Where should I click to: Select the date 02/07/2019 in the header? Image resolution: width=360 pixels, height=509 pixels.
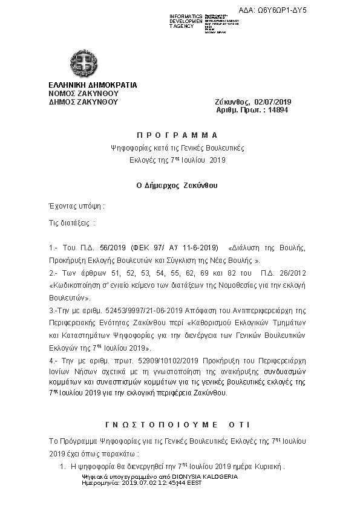click(x=273, y=103)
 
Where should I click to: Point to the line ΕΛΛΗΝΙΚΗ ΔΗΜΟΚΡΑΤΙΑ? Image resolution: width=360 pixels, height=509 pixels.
click(x=93, y=85)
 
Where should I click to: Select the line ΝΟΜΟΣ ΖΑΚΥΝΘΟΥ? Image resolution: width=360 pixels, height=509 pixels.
click(x=83, y=94)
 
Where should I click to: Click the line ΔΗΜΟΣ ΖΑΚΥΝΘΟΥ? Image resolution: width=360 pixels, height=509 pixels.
click(x=83, y=102)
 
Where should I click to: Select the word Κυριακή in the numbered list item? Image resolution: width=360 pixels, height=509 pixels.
click(x=269, y=467)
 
